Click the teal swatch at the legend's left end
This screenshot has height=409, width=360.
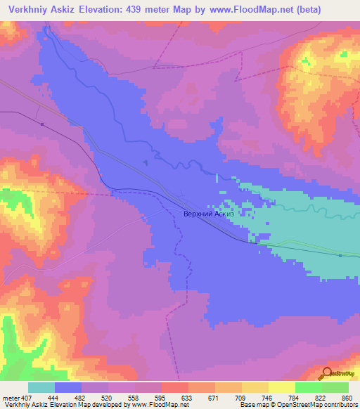[41, 387]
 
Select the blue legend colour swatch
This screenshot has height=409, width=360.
[68, 387]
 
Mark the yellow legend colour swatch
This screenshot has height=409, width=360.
[281, 387]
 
